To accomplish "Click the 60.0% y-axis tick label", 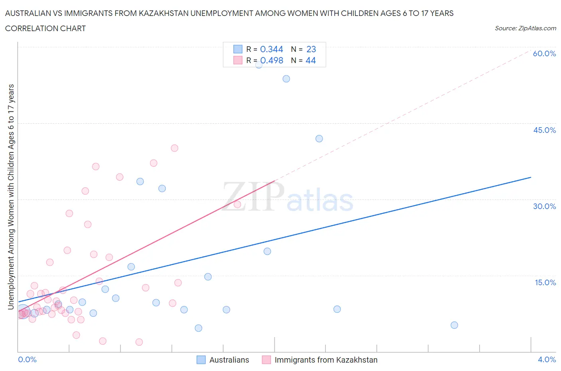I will (x=544, y=53).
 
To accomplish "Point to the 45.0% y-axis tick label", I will (x=544, y=130).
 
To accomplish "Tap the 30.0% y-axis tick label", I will (x=544, y=206).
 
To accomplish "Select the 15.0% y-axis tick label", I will (x=545, y=282).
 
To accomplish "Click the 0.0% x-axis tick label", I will (x=27, y=359).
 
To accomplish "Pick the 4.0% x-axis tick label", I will (x=547, y=359).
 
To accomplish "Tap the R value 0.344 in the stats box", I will (x=271, y=49).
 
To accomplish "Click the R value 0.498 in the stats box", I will (x=271, y=60).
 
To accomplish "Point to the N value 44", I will (x=310, y=60).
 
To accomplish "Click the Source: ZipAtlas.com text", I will (x=525, y=28).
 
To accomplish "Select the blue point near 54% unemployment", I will (x=286, y=79).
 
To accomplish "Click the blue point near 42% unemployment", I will (x=319, y=138).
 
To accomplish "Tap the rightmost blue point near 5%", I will (x=454, y=325).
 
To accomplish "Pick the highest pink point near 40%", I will (x=174, y=148).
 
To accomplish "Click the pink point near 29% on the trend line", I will (x=237, y=204).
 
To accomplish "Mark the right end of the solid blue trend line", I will (x=531, y=177).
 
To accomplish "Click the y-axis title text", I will (x=11, y=197).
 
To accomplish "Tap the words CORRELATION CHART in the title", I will (x=45, y=28).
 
